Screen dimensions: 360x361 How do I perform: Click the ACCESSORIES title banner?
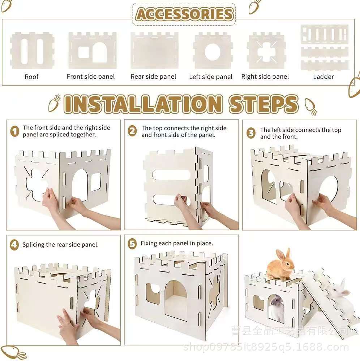pos(184,14)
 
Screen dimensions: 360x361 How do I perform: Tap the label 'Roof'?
pos(31,77)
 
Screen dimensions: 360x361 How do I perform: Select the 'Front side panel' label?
pos(91,77)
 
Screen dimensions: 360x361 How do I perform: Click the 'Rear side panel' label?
pos(153,77)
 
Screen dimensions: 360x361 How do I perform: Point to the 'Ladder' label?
pos(323,77)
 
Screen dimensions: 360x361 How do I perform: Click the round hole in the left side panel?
pos(213,52)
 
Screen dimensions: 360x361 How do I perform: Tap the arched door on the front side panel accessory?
pos(100,52)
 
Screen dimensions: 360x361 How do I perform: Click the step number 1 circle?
pos(15,131)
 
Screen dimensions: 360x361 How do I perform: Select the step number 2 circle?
pos(132,131)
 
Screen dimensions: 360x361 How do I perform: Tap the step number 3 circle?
pos(251,133)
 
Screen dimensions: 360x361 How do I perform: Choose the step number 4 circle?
pos(14,244)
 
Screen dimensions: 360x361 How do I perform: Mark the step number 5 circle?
pos(132,244)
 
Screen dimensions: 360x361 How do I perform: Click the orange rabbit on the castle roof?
pos(280,264)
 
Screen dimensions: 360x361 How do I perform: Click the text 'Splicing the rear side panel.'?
pos(60,244)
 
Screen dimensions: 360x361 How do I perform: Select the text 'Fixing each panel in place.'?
pos(177,243)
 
